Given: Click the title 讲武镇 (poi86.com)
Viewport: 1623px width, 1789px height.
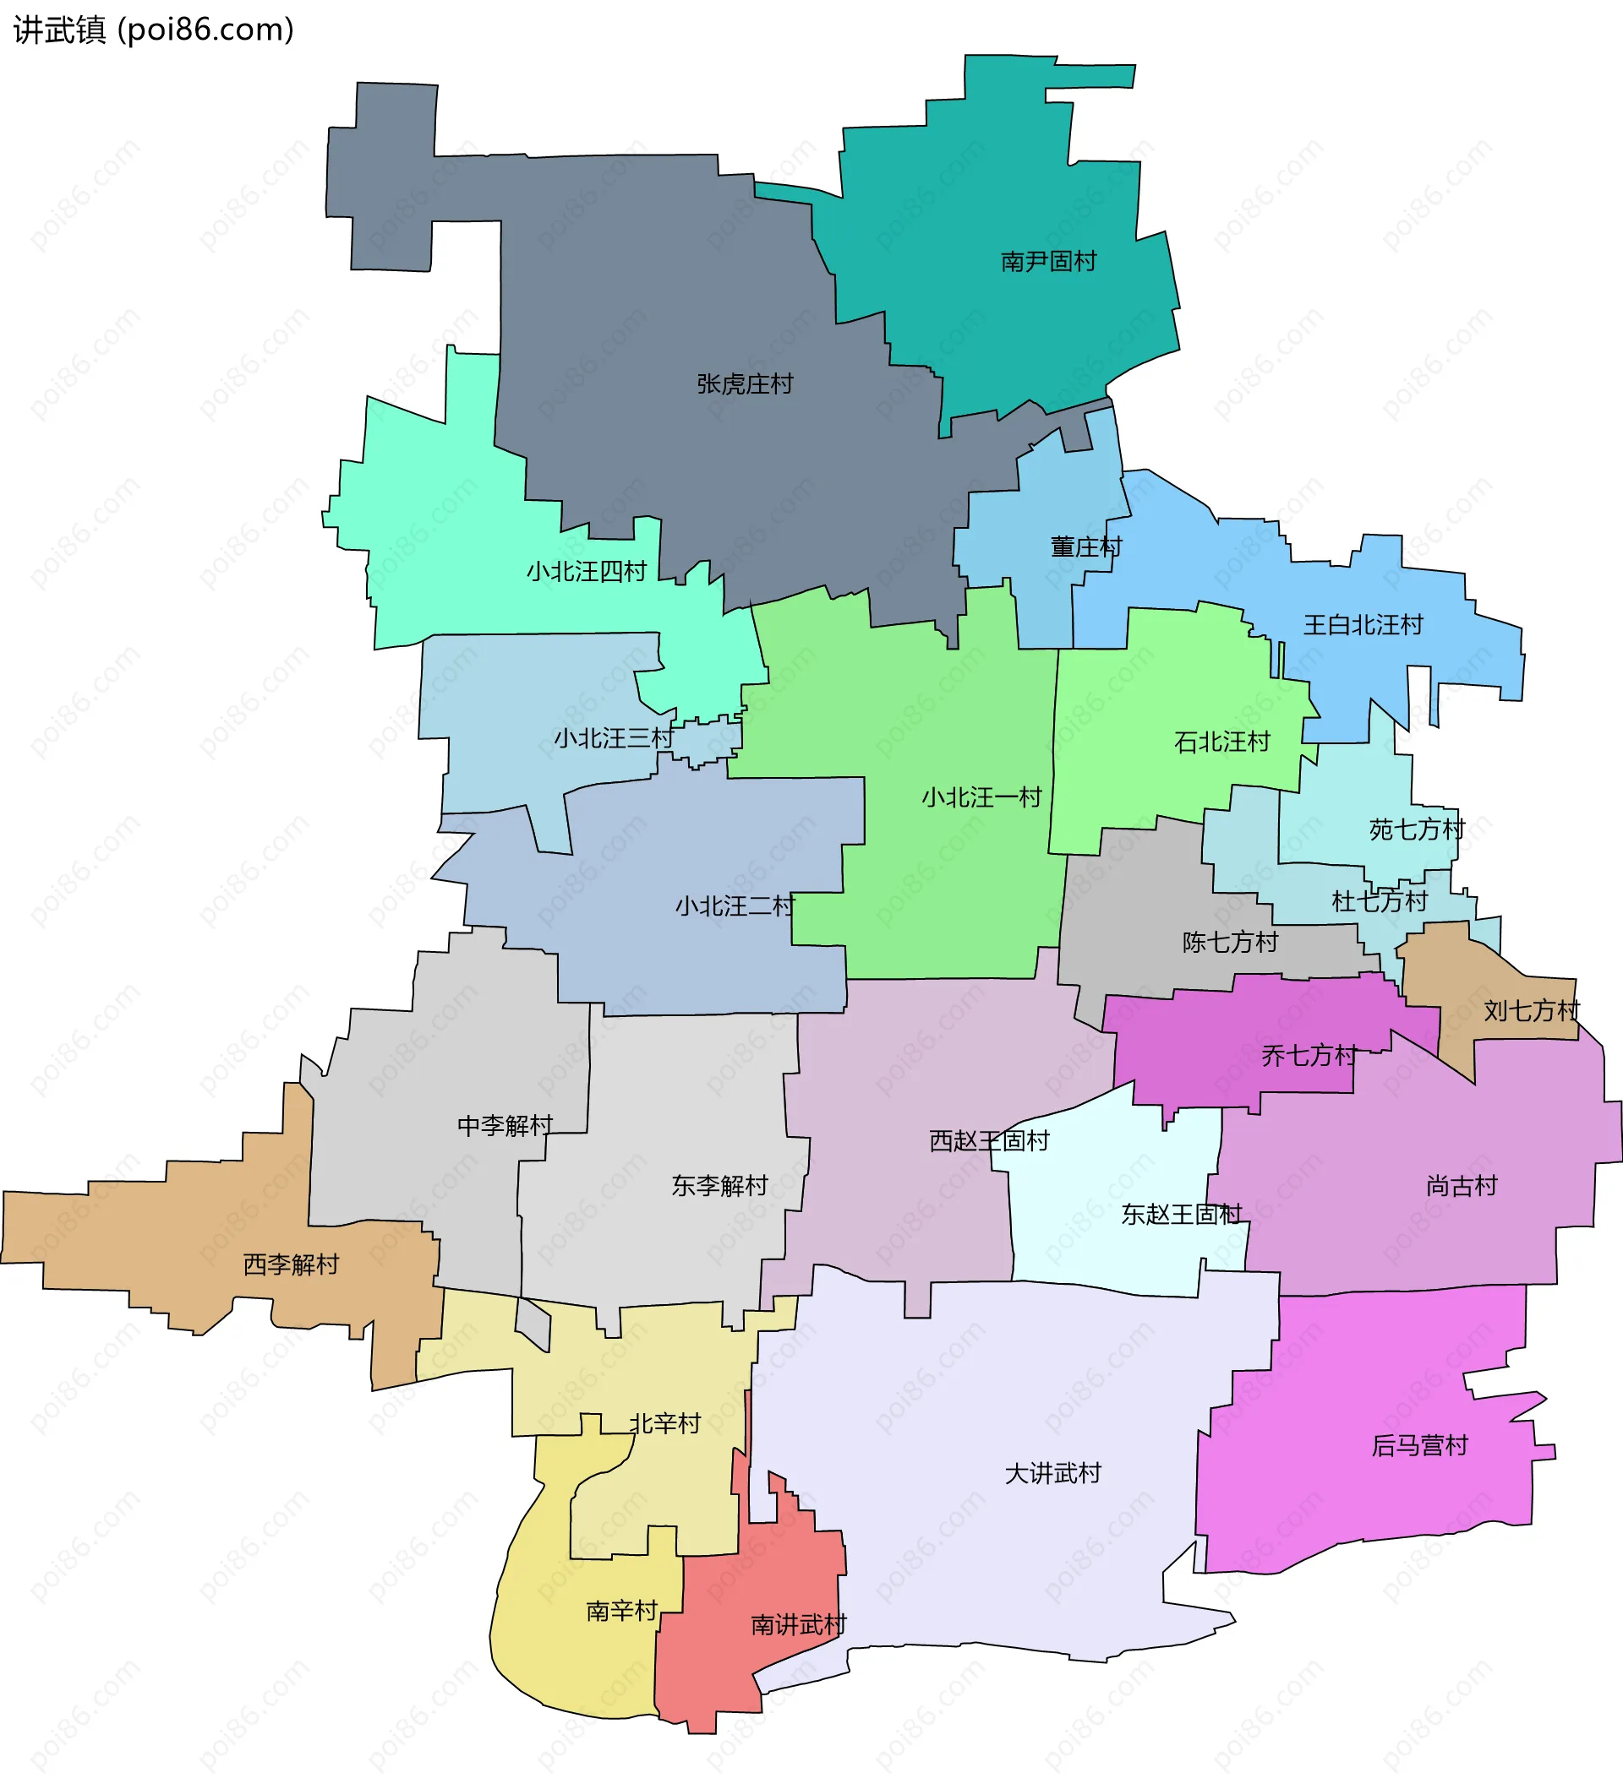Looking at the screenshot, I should click(154, 30).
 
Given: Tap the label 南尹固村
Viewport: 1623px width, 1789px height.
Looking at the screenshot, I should click(1048, 262).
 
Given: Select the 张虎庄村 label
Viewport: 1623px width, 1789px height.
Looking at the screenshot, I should click(745, 384).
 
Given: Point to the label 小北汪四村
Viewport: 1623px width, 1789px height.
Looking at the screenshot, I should click(587, 572).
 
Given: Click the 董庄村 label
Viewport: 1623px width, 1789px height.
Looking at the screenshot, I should click(1086, 546).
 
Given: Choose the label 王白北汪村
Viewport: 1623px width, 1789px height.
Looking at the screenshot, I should click(1363, 626).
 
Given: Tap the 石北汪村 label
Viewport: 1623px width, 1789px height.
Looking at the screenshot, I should click(1221, 742).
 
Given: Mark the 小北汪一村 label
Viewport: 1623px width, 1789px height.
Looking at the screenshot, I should click(981, 797).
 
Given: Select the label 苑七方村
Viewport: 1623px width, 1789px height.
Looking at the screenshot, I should click(1417, 829).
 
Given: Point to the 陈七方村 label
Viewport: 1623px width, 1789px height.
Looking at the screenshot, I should click(1230, 943).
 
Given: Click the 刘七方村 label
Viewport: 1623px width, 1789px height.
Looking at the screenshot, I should click(1532, 1011).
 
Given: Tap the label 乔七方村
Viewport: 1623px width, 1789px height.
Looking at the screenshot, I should click(1309, 1056).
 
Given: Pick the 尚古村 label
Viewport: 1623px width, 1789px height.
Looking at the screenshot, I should click(1462, 1187).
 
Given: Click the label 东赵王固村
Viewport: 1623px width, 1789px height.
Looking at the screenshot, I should click(1181, 1215).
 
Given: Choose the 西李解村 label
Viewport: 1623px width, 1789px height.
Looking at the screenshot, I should click(292, 1264).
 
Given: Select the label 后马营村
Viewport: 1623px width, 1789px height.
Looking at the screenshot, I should click(1419, 1445).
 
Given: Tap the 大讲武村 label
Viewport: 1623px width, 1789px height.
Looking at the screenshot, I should click(1053, 1474).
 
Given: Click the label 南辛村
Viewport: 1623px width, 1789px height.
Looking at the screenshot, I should click(621, 1611).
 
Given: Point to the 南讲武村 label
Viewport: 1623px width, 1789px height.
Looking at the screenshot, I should click(798, 1625).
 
